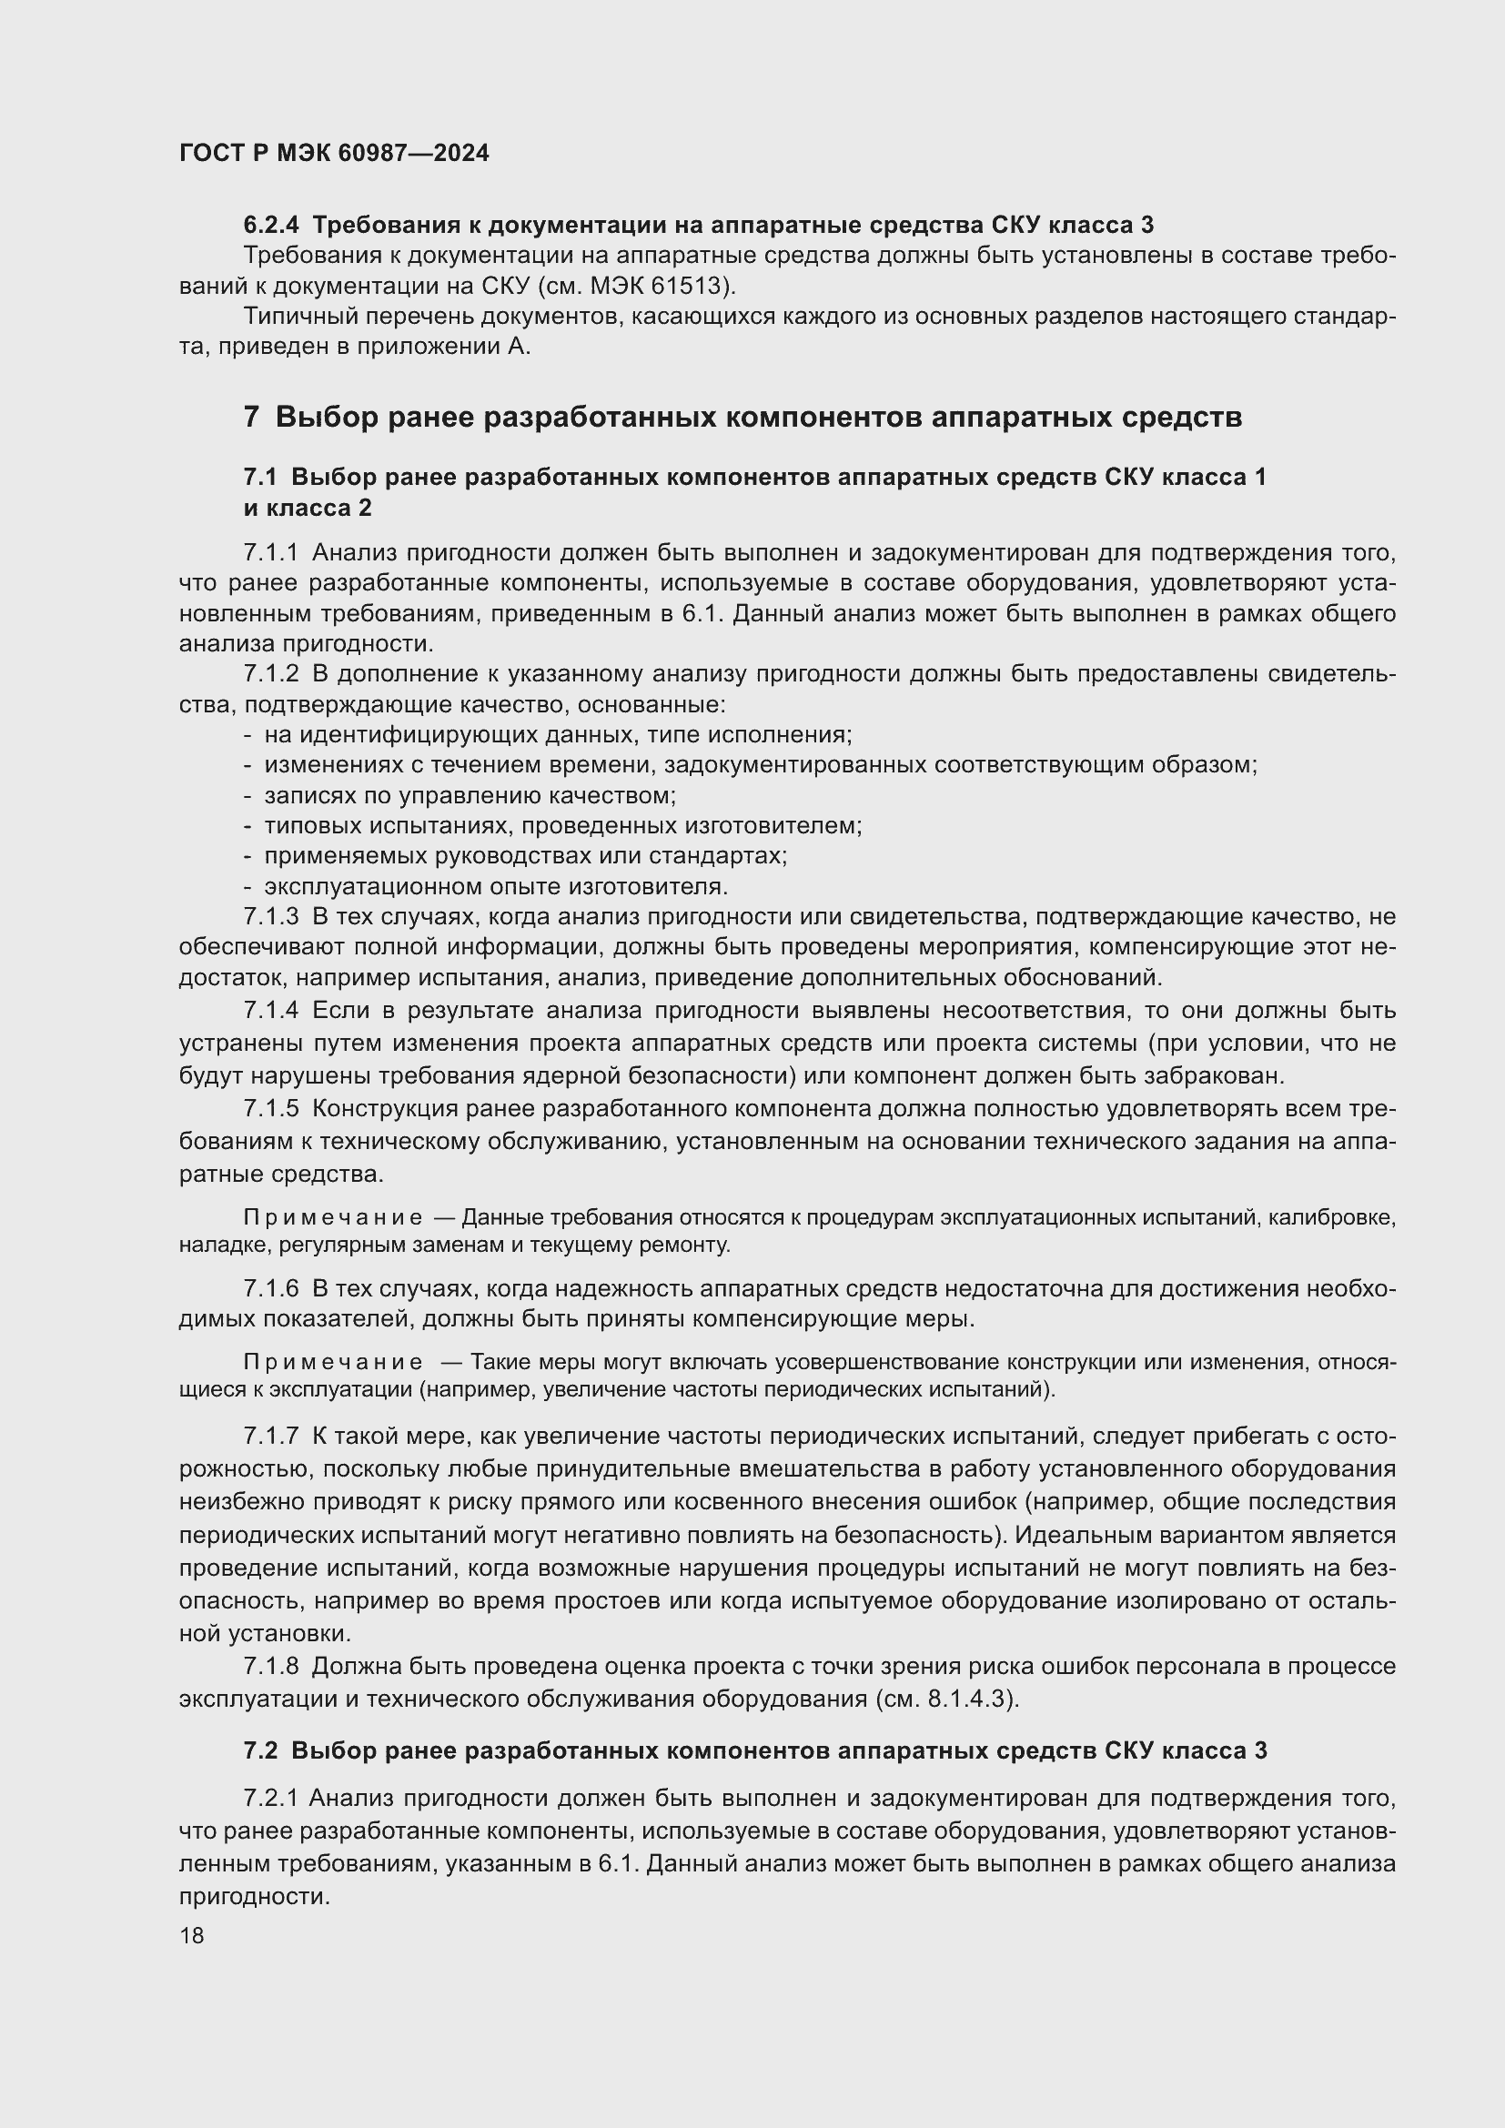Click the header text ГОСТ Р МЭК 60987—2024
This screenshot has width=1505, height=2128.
click(334, 154)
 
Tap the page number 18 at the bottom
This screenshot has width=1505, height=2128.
click(192, 1935)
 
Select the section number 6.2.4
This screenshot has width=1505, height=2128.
click(271, 226)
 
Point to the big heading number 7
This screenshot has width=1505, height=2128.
click(251, 418)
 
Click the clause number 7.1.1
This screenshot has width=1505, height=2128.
click(270, 553)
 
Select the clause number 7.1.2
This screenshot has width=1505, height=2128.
click(270, 674)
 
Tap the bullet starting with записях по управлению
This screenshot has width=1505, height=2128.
click(470, 795)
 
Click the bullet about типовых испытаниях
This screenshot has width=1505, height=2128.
click(562, 825)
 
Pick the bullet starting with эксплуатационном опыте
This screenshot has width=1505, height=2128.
click(496, 886)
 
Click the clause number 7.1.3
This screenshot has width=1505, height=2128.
click(270, 917)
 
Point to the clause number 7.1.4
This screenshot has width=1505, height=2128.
click(270, 1010)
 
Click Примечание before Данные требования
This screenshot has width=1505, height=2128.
click(333, 1218)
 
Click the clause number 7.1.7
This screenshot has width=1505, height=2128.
click(270, 1437)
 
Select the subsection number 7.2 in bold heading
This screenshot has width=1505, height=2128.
click(260, 1750)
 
